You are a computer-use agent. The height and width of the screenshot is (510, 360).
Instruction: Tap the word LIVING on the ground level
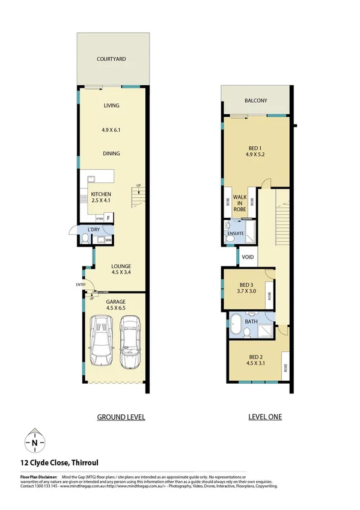click(111, 106)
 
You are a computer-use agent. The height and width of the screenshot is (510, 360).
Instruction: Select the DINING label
click(111, 153)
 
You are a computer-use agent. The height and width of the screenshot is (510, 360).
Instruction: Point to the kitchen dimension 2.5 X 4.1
click(101, 202)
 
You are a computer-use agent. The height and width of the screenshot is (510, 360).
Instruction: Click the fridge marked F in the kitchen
click(109, 219)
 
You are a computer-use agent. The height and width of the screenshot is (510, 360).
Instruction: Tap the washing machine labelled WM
click(108, 240)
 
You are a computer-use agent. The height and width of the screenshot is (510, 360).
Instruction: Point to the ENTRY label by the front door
click(80, 284)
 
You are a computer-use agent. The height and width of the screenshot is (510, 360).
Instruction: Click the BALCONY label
click(255, 101)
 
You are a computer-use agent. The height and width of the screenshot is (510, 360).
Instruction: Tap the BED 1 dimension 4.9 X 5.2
click(255, 154)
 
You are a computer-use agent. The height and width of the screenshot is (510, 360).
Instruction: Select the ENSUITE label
click(234, 232)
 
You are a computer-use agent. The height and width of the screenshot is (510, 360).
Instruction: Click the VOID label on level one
click(248, 257)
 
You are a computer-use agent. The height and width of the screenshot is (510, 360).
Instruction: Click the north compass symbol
click(35, 443)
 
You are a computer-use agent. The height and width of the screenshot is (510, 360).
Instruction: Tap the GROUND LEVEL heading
click(121, 417)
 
